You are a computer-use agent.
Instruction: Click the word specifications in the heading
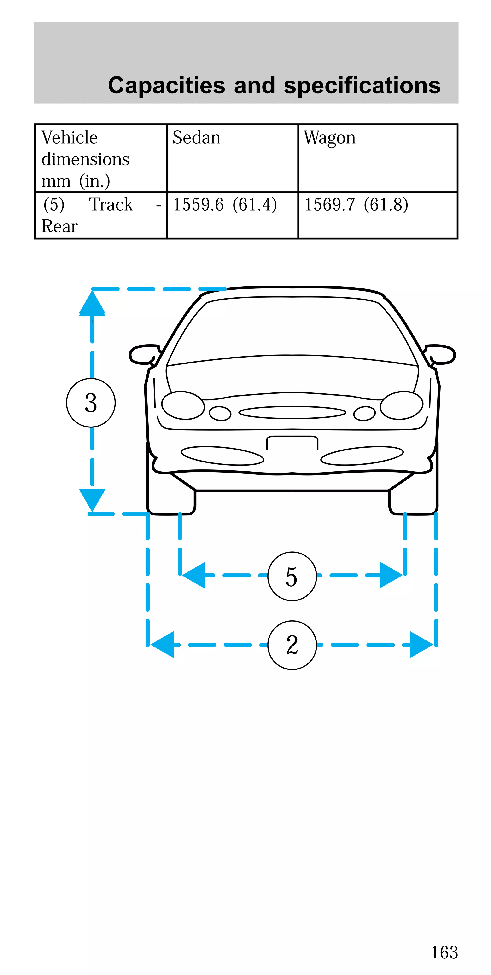(362, 86)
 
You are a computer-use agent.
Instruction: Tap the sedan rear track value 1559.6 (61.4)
(225, 205)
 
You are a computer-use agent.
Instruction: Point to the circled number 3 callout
(91, 403)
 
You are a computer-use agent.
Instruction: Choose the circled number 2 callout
(292, 645)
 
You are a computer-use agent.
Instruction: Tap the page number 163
(444, 952)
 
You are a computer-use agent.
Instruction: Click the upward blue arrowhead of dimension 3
(92, 304)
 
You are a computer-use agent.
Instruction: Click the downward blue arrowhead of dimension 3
(92, 499)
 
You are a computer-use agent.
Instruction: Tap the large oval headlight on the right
(401, 405)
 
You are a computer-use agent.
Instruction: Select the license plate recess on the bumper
(292, 443)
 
